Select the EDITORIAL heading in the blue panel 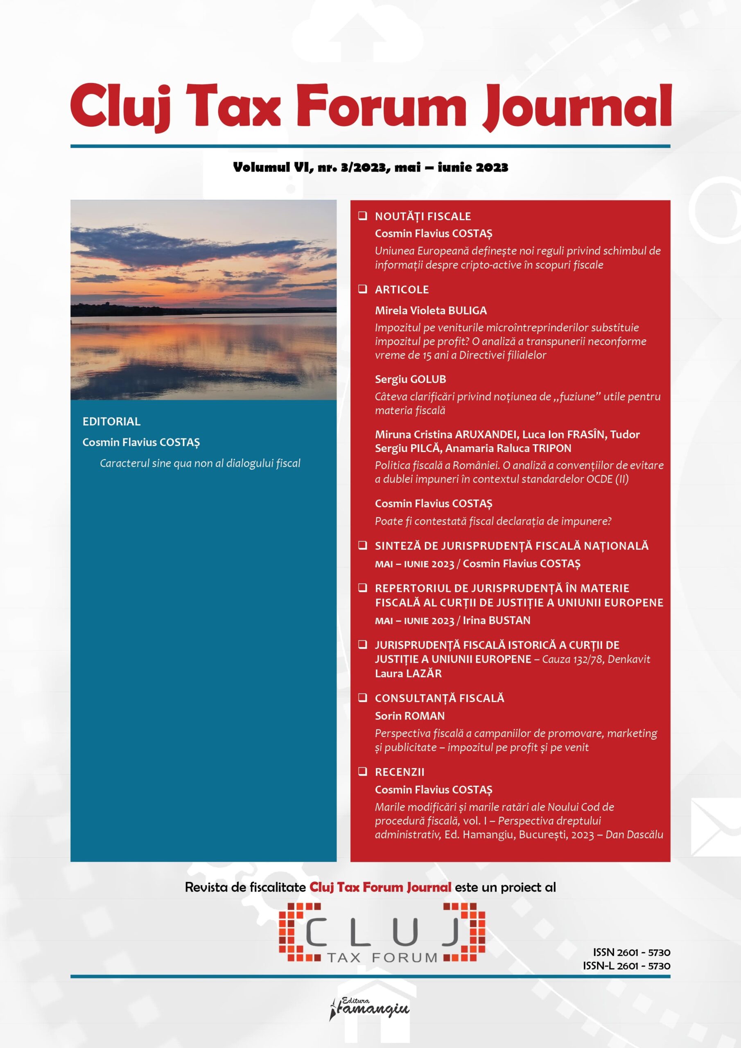(x=111, y=421)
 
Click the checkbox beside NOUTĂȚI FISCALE (x=363, y=216)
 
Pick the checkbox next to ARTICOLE (x=363, y=289)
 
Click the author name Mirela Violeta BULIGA (x=431, y=310)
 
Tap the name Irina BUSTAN (x=496, y=620)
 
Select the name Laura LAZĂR (x=408, y=673)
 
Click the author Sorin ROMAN (x=409, y=716)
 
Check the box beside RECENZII (x=363, y=772)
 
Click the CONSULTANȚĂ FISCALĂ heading (x=439, y=698)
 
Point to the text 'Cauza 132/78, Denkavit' (x=596, y=659)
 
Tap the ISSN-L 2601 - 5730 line (x=626, y=966)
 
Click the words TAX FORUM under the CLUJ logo (x=382, y=957)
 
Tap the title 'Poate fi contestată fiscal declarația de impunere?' (x=492, y=521)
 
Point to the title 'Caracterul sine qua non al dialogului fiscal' (x=200, y=463)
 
